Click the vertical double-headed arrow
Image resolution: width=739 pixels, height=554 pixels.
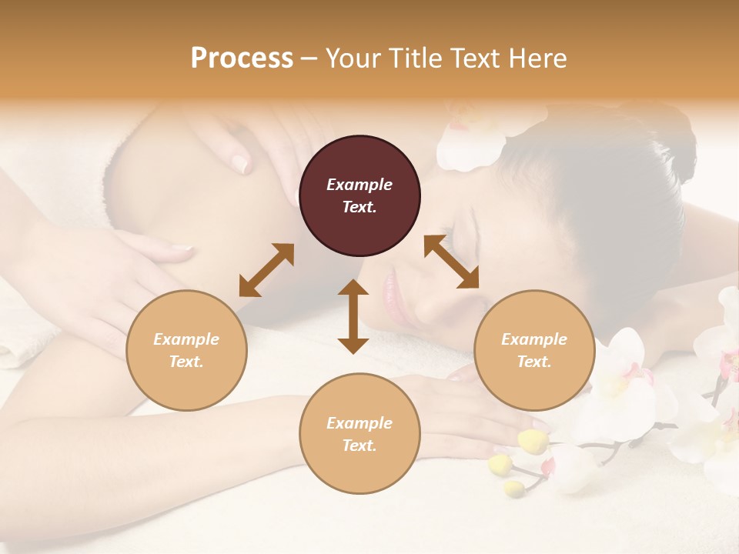click(x=353, y=316)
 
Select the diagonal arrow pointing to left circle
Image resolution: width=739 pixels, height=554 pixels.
click(x=266, y=270)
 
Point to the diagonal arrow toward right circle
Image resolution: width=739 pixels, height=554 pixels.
click(x=452, y=262)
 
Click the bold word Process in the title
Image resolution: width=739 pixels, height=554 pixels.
click(x=242, y=58)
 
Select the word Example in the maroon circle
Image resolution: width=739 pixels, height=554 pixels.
click(x=359, y=185)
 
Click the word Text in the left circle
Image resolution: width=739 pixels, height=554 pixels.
click(x=186, y=362)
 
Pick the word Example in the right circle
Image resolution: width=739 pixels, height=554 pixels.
click(x=534, y=339)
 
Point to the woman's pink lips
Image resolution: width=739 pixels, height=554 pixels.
click(x=392, y=296)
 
